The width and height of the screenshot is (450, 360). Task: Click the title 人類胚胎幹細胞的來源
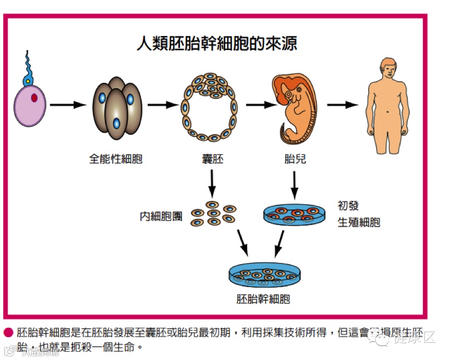pyautogui.click(x=216, y=43)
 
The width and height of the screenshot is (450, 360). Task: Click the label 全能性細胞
pyautogui.click(x=115, y=159)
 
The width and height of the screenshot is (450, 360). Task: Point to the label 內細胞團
pyautogui.click(x=161, y=215)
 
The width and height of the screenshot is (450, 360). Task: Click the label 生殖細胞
pyautogui.click(x=359, y=222)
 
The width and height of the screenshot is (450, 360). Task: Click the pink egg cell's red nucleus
pyautogui.click(x=34, y=97)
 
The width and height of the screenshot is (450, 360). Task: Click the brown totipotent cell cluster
pyautogui.click(x=117, y=109)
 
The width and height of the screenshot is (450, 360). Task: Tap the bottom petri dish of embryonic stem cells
pyautogui.click(x=265, y=276)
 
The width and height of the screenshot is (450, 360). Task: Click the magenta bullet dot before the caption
pyautogui.click(x=8, y=332)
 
